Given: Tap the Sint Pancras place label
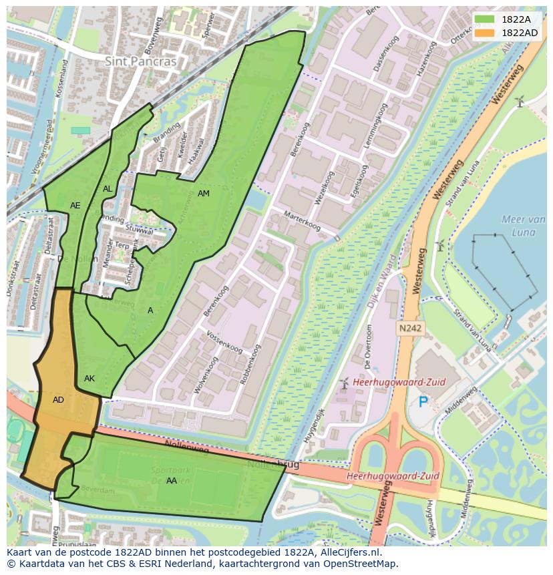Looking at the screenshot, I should click(141, 61).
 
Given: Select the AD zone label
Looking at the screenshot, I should click(58, 400).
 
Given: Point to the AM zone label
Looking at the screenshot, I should click(204, 194).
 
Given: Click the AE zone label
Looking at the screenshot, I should click(75, 206).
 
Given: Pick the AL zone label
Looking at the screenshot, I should click(108, 189).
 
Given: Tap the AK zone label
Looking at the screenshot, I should click(89, 379).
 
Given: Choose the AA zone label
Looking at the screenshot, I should click(172, 481).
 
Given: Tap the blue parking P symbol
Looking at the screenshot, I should click(423, 402).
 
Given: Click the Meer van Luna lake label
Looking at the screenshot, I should click(523, 226).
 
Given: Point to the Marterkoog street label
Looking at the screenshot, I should click(302, 220).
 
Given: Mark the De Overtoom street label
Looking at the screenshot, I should click(369, 347).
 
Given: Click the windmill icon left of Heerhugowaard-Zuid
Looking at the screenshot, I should click(344, 383).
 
